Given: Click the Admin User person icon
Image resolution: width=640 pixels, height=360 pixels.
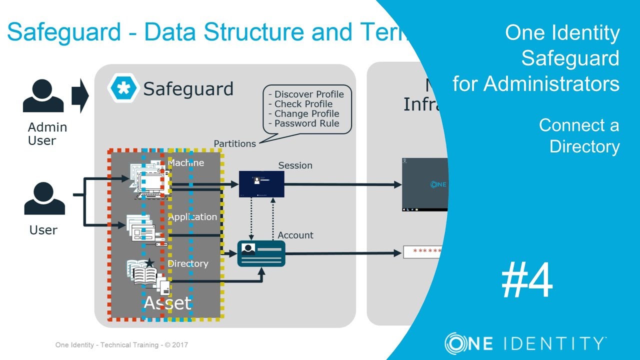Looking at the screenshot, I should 43,96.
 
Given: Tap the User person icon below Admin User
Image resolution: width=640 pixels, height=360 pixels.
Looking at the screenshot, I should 44,199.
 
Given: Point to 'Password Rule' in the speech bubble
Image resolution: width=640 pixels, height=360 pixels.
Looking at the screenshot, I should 306,123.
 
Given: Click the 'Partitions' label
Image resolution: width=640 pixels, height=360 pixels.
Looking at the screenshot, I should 234,144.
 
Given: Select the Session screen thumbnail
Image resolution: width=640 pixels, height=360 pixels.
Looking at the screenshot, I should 261,184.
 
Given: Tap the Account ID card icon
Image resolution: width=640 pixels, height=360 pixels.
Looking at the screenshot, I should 261,253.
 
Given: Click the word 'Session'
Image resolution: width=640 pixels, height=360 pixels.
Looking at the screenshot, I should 295,165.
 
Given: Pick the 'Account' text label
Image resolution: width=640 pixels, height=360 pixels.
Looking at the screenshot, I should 295,235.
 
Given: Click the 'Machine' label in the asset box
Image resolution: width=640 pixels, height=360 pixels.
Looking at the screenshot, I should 186,162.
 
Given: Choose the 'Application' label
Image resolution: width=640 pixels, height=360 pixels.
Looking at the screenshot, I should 192,217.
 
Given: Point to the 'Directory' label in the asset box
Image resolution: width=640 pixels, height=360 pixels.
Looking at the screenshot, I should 188,263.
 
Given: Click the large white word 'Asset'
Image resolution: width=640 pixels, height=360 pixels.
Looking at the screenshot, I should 167,302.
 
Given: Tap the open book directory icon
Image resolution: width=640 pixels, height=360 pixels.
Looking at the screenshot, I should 145,273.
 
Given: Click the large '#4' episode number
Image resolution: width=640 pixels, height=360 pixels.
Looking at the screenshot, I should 527,281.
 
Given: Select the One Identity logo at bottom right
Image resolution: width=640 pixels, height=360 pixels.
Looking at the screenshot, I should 525,343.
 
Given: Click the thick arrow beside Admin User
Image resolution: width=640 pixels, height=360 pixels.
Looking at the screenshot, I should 79,95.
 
